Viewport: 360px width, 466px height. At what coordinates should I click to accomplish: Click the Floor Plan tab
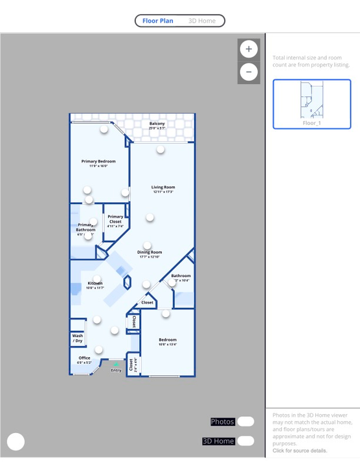pyautogui.click(x=158, y=21)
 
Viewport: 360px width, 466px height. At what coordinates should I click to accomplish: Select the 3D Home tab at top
pyautogui.click(x=202, y=21)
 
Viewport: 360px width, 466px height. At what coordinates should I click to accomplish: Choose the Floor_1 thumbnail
pyautogui.click(x=311, y=104)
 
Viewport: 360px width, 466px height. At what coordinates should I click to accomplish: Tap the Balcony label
pyautogui.click(x=157, y=124)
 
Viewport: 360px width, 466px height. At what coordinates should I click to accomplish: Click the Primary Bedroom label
pyautogui.click(x=98, y=161)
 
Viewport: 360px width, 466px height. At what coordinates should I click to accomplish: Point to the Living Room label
pyautogui.click(x=163, y=187)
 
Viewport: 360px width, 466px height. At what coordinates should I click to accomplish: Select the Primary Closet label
pyautogui.click(x=115, y=219)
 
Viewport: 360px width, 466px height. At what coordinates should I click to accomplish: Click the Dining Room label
pyautogui.click(x=150, y=252)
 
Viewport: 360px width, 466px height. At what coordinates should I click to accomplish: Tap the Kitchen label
pyautogui.click(x=95, y=283)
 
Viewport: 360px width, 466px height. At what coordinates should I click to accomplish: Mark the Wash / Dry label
pyautogui.click(x=78, y=338)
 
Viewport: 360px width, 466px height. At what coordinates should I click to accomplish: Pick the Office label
pyautogui.click(x=85, y=358)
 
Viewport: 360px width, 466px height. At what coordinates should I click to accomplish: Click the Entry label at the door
pyautogui.click(x=116, y=370)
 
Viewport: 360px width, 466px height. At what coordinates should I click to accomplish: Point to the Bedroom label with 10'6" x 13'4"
pyautogui.click(x=168, y=340)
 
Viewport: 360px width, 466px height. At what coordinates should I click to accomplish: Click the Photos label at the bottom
pyautogui.click(x=222, y=422)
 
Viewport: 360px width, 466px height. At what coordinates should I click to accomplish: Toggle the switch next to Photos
pyautogui.click(x=246, y=422)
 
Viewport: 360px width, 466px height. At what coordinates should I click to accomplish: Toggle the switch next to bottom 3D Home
pyautogui.click(x=246, y=441)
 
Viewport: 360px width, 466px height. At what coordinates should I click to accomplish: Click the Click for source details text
pyautogui.click(x=300, y=450)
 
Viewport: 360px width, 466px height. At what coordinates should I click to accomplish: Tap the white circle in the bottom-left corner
pyautogui.click(x=16, y=441)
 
